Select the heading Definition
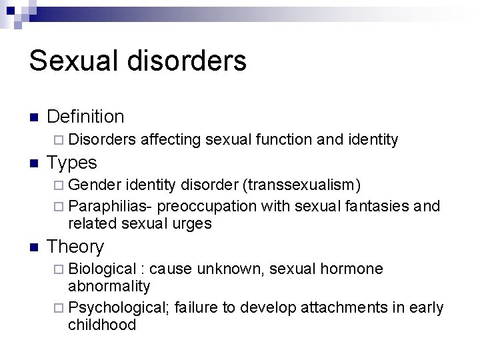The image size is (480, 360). (x=86, y=117)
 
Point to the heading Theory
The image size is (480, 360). (x=75, y=247)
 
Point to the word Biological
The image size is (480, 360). (x=103, y=269)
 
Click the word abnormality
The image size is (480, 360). (x=109, y=286)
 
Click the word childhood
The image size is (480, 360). (x=101, y=325)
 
